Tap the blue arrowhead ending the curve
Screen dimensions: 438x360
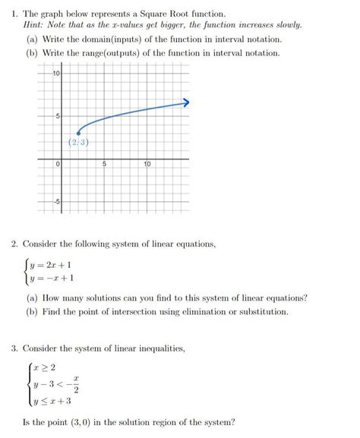coord(185,102)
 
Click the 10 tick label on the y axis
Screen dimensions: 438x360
coord(56,73)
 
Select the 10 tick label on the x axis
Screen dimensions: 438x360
coord(147,163)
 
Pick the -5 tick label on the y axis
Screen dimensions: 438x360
coord(55,201)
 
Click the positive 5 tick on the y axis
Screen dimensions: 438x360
coord(57,116)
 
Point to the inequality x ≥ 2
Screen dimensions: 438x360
coord(46,367)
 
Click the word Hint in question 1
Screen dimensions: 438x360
coord(33,25)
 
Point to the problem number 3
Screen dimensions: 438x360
coord(14,348)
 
